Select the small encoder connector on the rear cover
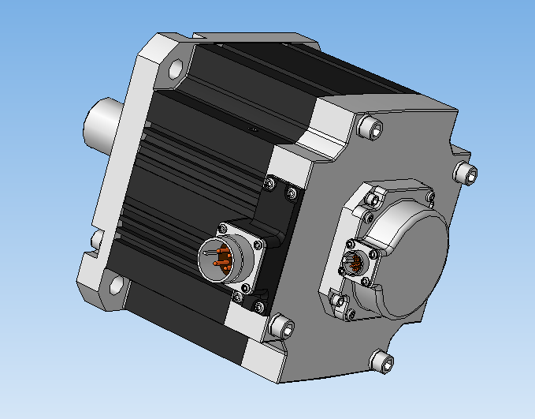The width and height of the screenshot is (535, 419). click(x=355, y=263)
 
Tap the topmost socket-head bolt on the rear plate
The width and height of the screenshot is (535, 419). click(x=368, y=127)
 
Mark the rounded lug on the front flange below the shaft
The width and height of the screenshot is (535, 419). click(x=95, y=238)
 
